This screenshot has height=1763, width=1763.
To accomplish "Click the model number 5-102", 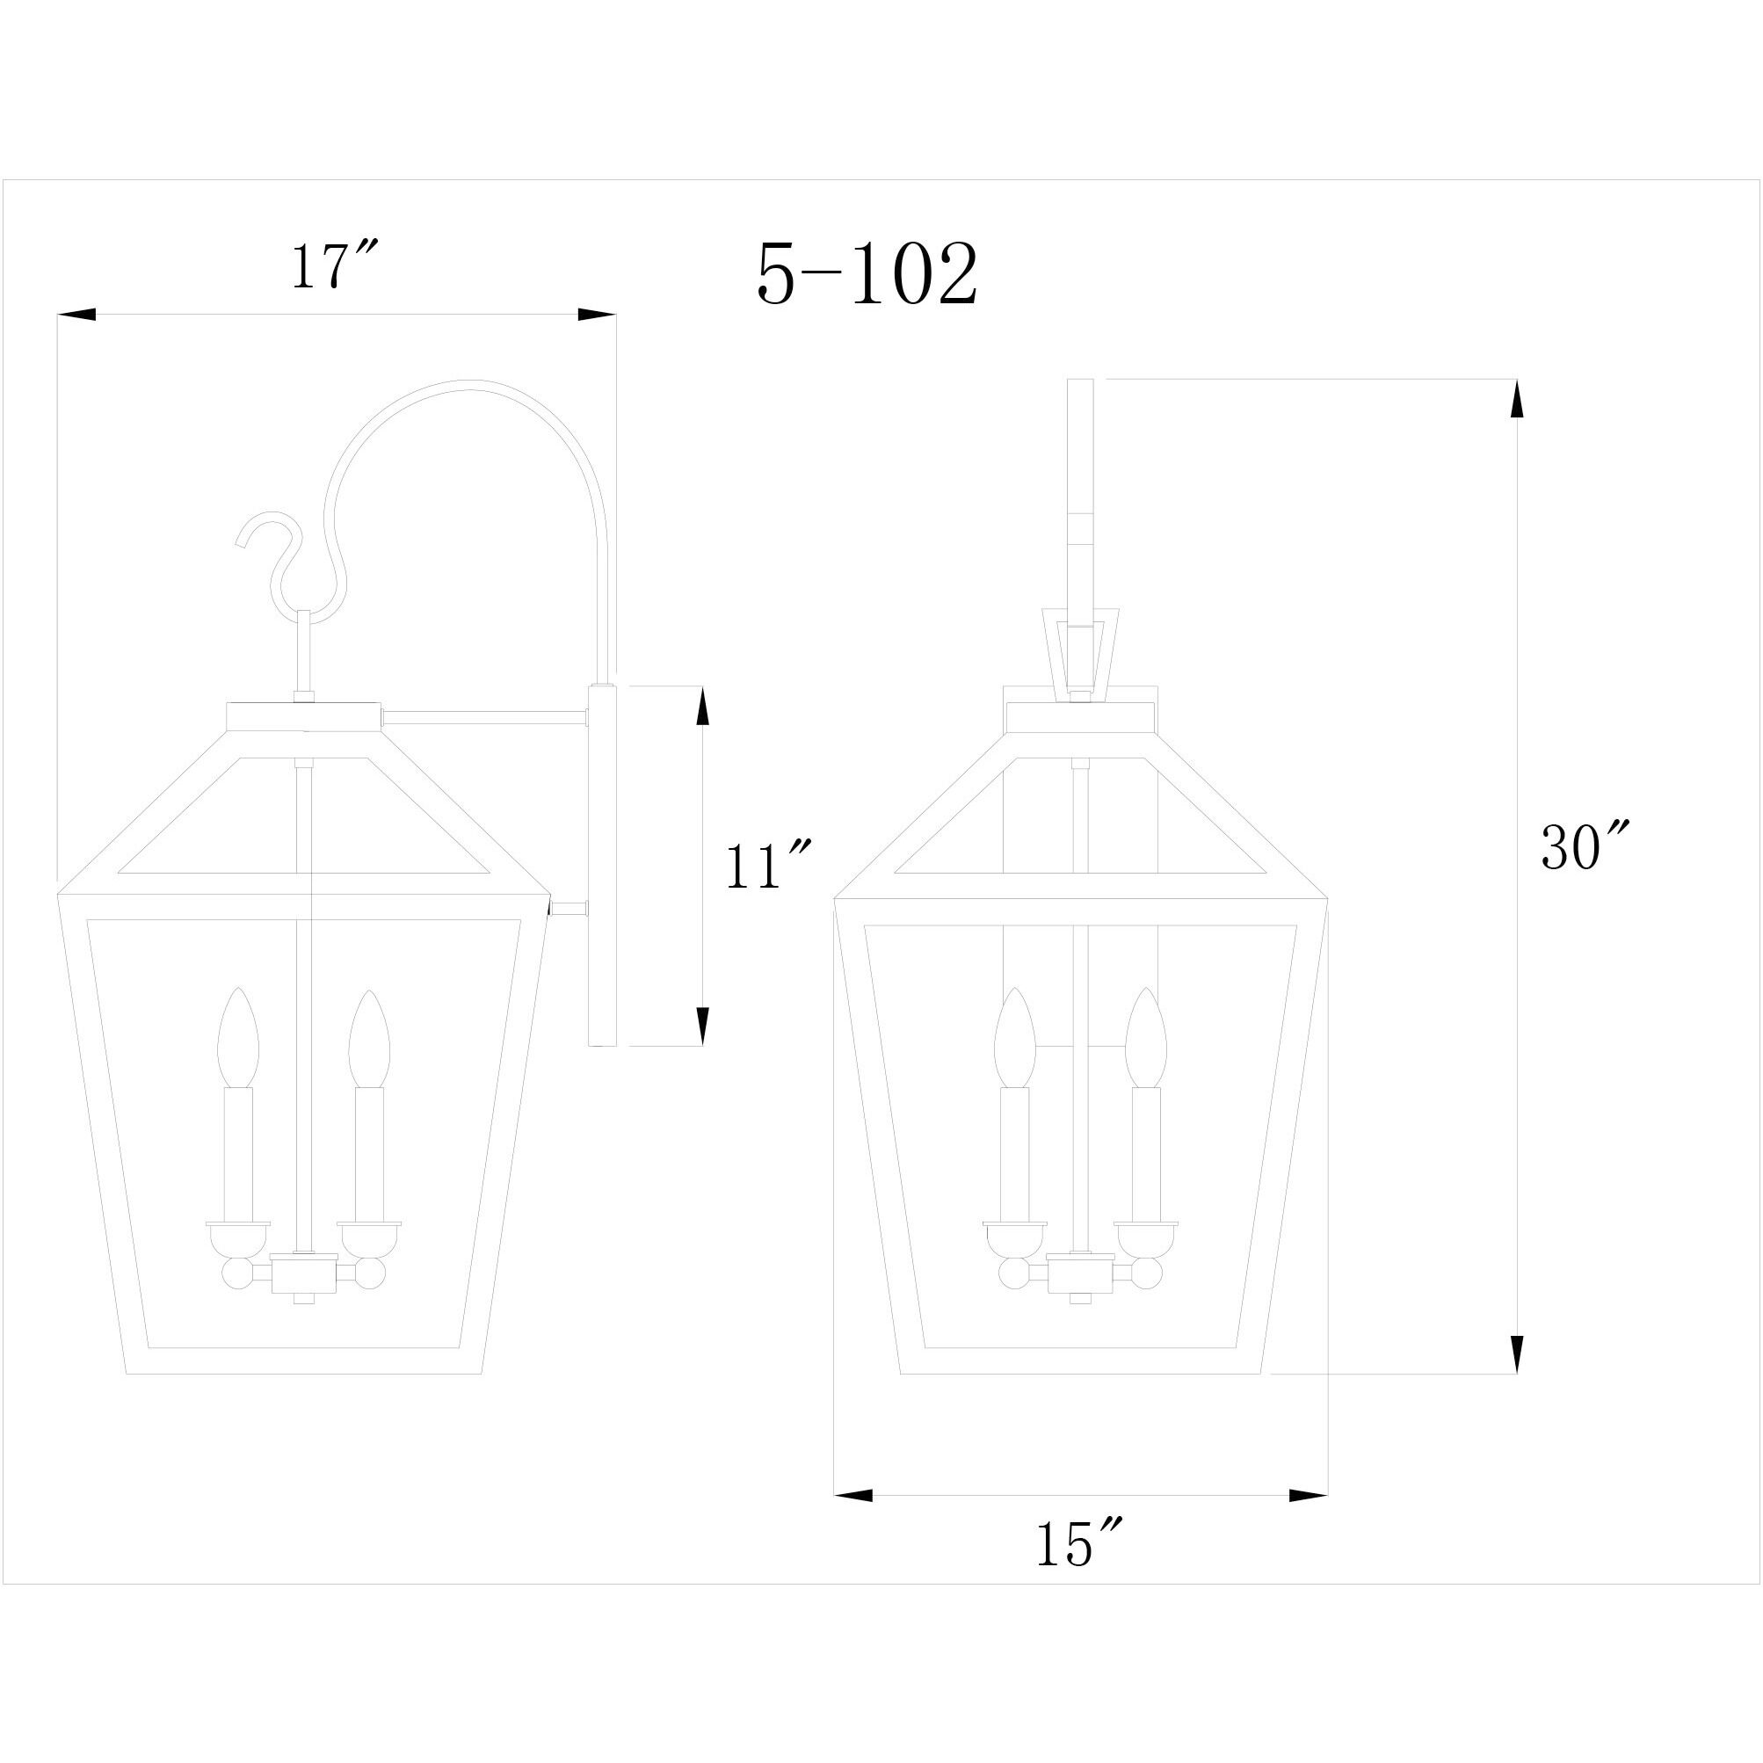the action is (x=867, y=275).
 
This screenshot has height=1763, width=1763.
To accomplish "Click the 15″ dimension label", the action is (x=1077, y=1544).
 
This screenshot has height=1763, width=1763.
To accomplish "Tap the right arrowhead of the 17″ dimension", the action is (x=597, y=314).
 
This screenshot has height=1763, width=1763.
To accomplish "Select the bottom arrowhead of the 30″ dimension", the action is (x=1516, y=1355).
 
